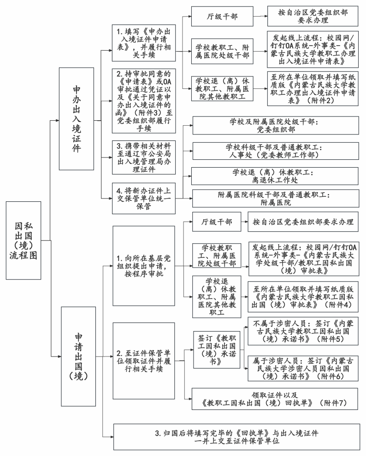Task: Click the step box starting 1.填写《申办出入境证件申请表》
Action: (x=138, y=42)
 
